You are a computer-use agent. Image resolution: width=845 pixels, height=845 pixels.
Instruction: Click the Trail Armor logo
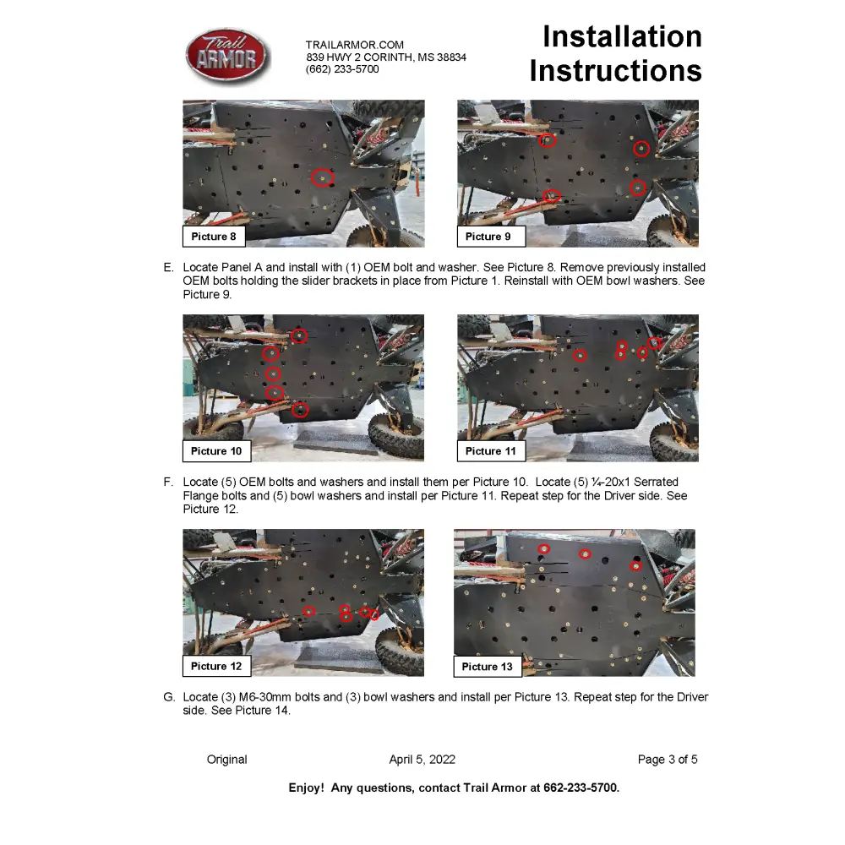227,57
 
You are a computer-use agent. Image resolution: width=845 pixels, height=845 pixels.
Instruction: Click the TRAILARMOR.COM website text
355,45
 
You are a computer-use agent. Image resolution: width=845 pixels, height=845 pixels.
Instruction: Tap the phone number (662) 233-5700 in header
342,69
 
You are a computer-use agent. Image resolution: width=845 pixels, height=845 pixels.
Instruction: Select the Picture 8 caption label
214,237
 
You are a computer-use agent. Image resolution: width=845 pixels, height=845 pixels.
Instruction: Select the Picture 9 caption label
488,237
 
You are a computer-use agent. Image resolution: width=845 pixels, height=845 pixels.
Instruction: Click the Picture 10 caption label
216,451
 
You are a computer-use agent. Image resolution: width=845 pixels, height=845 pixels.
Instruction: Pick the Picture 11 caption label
491,451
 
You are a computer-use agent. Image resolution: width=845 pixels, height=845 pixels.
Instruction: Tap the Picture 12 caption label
216,667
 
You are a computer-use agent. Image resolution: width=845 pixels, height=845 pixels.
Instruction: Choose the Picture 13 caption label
488,667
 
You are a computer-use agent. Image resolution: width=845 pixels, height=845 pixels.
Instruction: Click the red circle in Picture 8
321,177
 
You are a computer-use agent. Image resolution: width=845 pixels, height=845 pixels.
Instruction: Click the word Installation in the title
622,37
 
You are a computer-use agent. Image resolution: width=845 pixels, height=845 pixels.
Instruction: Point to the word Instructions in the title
615,71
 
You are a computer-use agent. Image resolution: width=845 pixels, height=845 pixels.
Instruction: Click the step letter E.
168,268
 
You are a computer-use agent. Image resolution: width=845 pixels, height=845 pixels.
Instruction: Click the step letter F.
168,482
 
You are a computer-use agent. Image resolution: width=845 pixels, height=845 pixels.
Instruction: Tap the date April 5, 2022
422,760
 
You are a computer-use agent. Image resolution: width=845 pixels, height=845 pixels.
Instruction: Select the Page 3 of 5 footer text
668,760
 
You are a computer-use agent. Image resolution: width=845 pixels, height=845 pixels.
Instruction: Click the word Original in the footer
227,760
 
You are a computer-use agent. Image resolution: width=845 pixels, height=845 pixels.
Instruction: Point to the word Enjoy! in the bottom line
306,788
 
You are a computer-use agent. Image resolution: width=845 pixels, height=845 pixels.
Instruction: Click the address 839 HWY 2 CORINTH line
386,57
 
